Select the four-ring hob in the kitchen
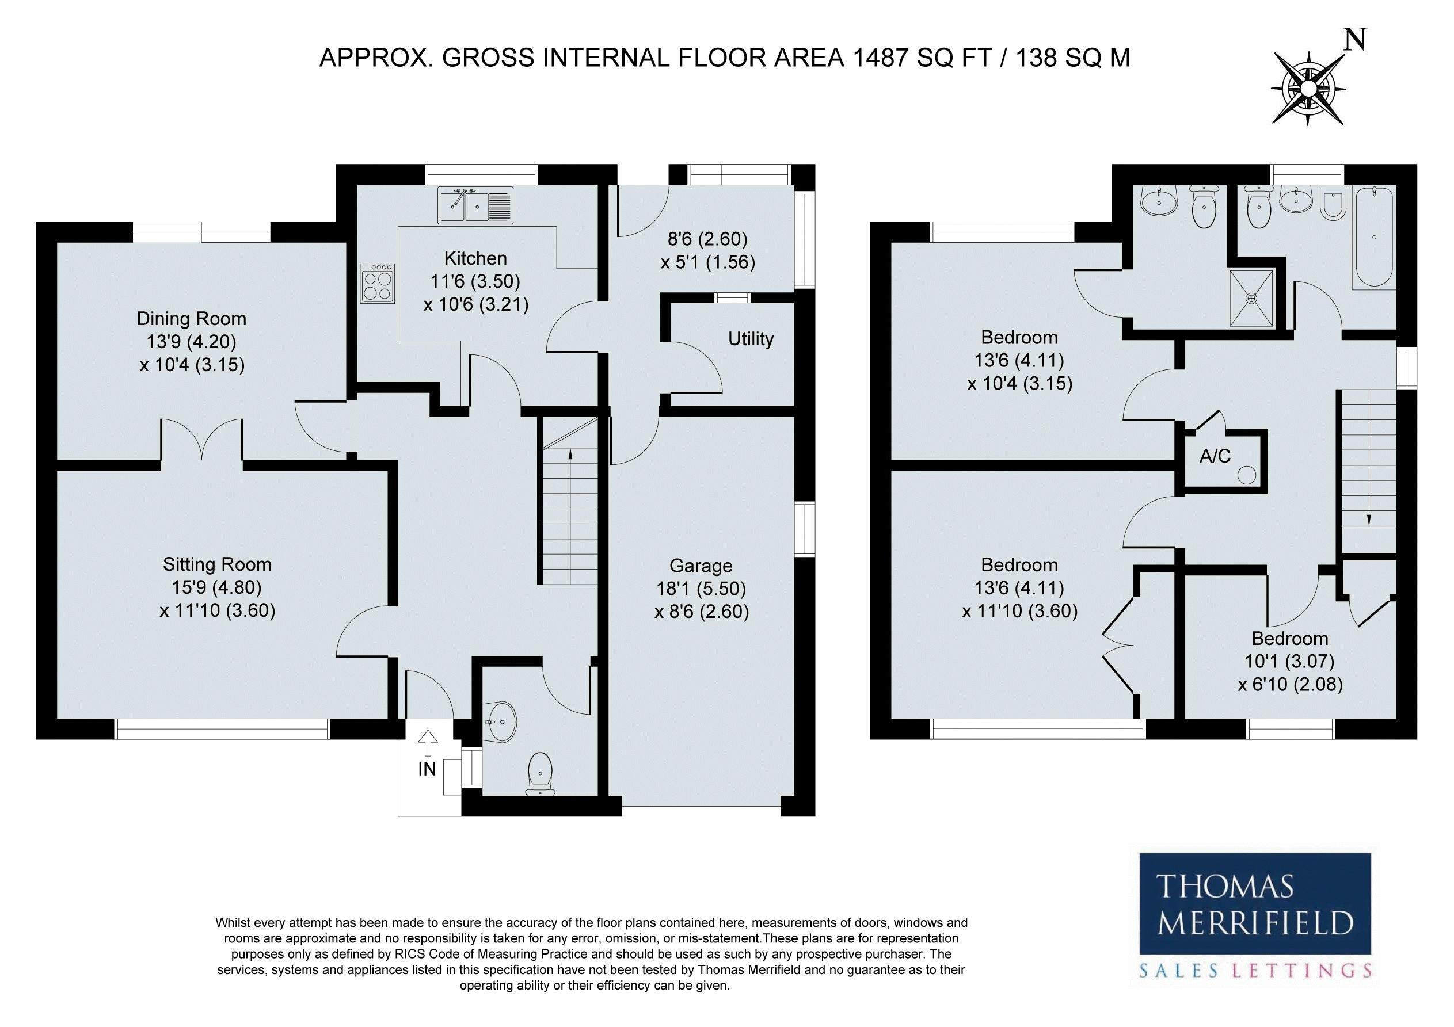coord(378,282)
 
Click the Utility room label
coord(751,339)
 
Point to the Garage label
coord(701,566)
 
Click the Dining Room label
coord(191,319)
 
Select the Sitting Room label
coord(217,564)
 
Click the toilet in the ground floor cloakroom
coord(540,773)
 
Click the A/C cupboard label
coord(1215,456)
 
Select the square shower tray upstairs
coord(1251,298)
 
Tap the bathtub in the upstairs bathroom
coord(1373,238)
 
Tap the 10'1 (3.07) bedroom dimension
coord(1289,661)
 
